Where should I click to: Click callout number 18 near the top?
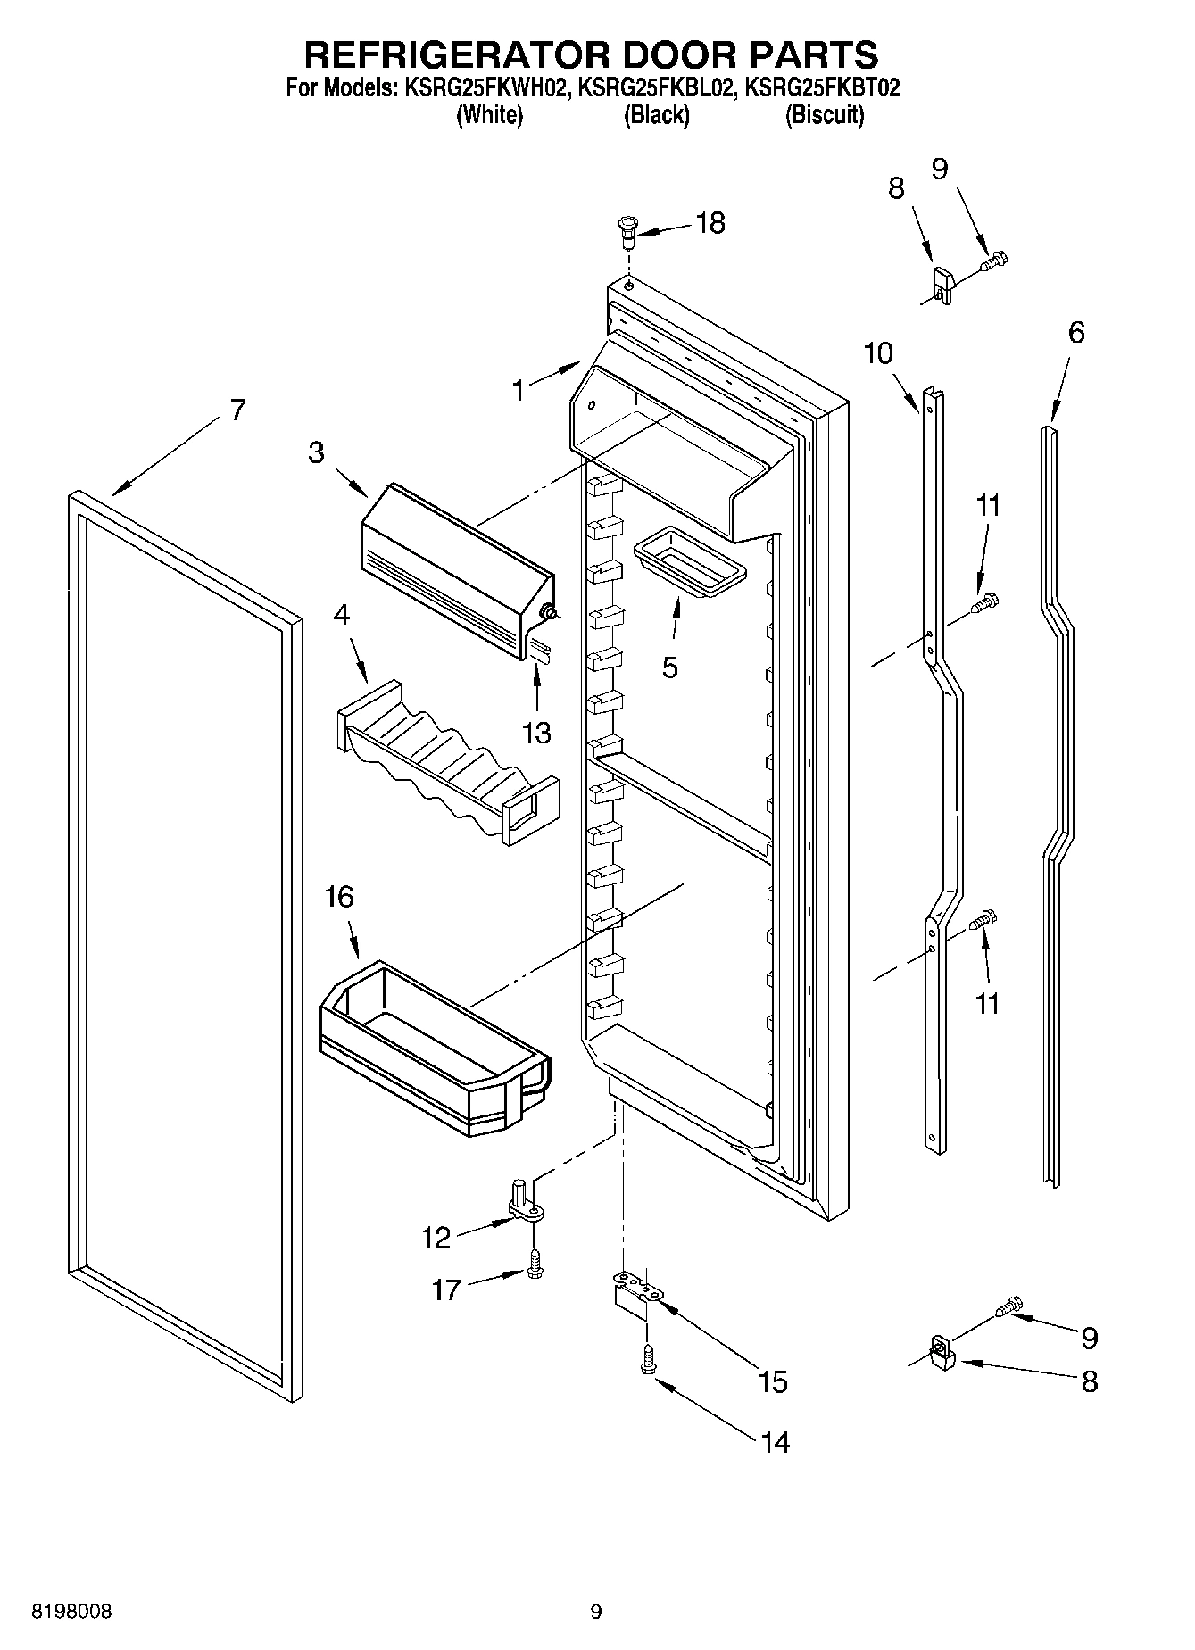click(x=710, y=223)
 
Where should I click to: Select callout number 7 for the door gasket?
click(x=237, y=410)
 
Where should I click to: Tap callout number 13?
click(x=536, y=733)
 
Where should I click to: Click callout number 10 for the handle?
click(x=878, y=353)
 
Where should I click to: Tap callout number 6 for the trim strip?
click(x=1076, y=333)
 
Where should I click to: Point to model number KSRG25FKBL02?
click(x=656, y=88)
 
